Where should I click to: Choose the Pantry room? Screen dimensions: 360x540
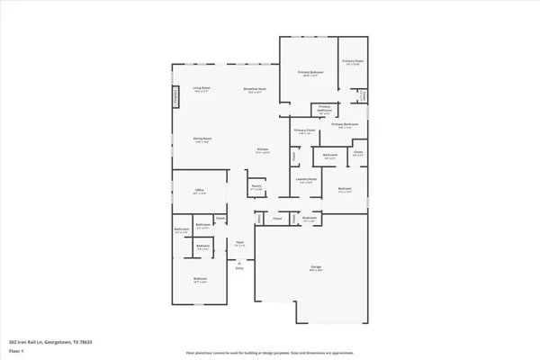tap(256, 187)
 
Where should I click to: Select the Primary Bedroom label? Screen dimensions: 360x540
tap(312, 74)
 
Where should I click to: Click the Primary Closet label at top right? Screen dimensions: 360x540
tap(352, 62)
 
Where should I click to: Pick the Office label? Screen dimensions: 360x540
tap(200, 192)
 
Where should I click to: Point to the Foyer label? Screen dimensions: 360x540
tap(239, 243)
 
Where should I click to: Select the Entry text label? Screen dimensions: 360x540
tap(239, 268)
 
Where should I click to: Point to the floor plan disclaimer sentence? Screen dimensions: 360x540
tap(269, 352)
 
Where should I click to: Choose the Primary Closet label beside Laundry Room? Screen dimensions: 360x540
tap(305, 131)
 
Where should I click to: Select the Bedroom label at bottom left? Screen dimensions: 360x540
tap(200, 280)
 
